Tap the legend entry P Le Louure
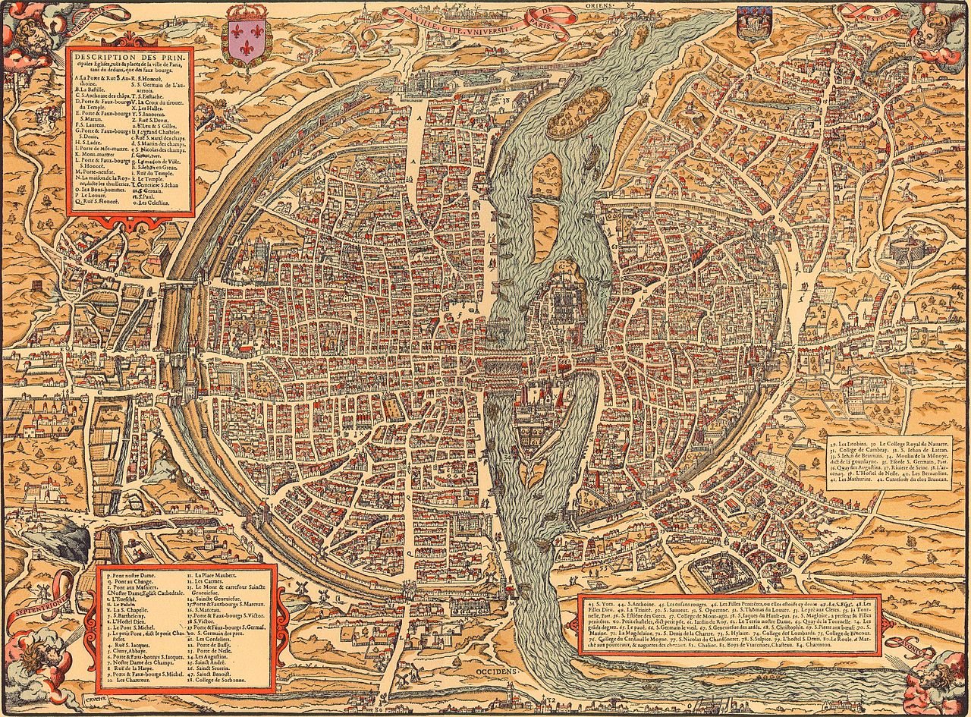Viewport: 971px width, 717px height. click(x=90, y=194)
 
